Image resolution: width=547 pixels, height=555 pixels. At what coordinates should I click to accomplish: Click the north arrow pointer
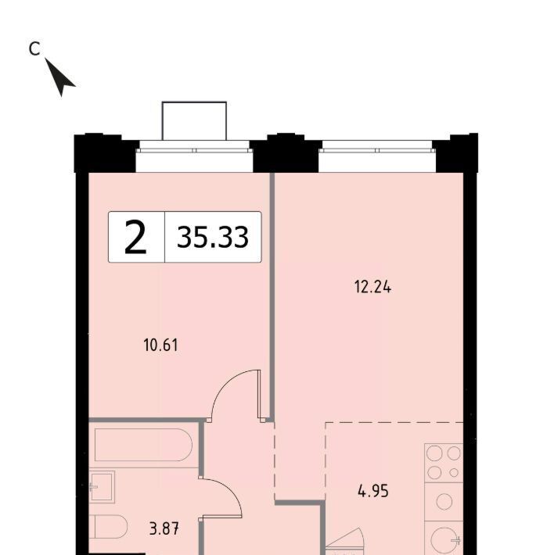coord(59,77)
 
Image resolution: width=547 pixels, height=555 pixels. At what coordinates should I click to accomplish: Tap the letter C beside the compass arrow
coord(34,48)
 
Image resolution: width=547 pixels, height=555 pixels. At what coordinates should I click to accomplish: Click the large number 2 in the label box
coord(135,237)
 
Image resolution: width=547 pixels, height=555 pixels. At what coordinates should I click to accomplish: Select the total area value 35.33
coord(213,237)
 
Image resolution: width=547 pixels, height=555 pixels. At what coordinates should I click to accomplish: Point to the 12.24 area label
coord(372,287)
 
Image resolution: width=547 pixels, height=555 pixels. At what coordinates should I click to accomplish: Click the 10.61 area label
coord(161,345)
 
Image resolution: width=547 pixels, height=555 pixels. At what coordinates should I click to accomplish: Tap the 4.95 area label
coord(373,491)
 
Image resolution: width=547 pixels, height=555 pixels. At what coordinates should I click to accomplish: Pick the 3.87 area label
coord(164,529)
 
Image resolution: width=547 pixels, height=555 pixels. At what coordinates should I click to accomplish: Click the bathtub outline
coord(143,445)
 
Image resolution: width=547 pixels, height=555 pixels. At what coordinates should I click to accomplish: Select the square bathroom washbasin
coord(102,487)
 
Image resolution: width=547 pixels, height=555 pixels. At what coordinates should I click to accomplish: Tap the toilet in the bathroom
coord(108,528)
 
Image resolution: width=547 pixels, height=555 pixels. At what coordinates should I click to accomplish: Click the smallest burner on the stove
coord(453,472)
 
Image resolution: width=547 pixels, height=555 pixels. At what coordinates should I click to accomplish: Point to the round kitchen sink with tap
coord(446,540)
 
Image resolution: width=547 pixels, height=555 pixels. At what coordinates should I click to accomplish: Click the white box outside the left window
coord(194,120)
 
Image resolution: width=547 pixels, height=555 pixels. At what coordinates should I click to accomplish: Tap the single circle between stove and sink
coord(444,502)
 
